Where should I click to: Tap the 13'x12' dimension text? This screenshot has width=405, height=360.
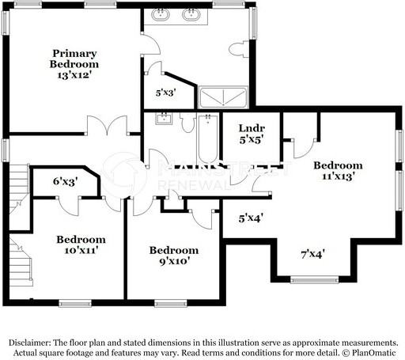coord(74,76)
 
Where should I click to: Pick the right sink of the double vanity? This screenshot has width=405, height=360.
coord(191,13)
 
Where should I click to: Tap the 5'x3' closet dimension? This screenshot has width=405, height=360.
coord(165,93)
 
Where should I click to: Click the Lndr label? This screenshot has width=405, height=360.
coord(251,128)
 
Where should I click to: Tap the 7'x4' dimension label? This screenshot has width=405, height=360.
coord(313,254)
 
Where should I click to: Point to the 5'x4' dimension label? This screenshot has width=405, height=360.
coord(251,215)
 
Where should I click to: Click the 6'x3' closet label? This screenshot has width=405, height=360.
coord(65,182)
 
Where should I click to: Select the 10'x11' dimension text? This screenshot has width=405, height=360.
coord(80,251)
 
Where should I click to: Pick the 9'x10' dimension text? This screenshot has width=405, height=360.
coord(170,261)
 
